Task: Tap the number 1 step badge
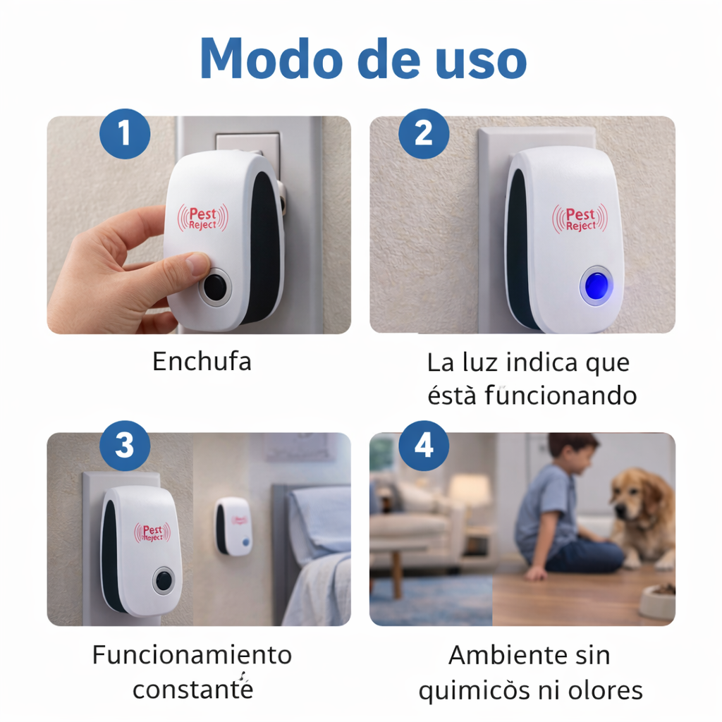point(124,133)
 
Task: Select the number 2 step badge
point(423,133)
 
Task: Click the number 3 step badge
point(124,446)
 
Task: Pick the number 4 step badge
point(423,446)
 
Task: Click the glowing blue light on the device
point(596,286)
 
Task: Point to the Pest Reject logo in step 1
point(202,217)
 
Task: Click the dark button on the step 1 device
point(215,288)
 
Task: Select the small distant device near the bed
point(233,526)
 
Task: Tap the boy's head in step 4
point(573,453)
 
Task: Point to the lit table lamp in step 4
point(469,489)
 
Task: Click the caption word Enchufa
point(202,362)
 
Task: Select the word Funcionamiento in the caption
point(192,655)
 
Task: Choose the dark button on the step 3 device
point(164,580)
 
